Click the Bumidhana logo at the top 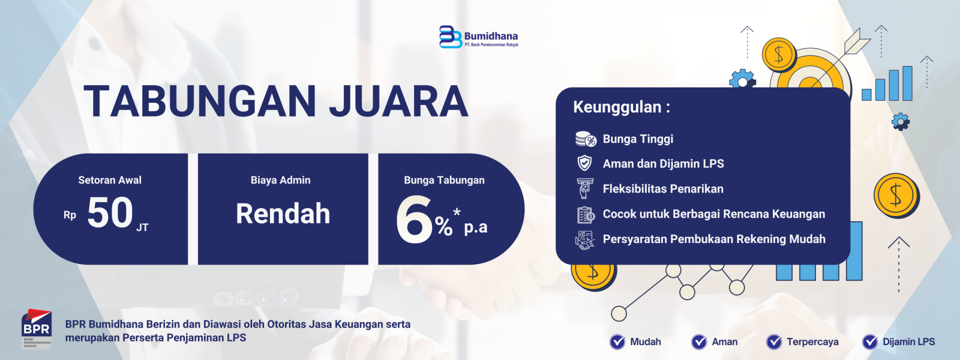(478, 37)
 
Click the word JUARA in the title (398, 101)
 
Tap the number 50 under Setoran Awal (110, 212)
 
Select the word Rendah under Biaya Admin (283, 213)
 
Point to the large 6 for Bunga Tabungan (413, 219)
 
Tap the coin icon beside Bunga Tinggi (585, 139)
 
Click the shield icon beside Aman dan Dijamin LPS (584, 163)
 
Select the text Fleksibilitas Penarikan (663, 189)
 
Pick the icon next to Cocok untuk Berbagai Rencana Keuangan (585, 214)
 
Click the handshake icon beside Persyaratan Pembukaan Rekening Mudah (585, 240)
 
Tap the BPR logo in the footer (36, 328)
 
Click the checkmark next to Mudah (617, 342)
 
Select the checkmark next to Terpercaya (774, 342)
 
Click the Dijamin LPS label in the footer (908, 342)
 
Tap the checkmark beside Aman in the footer (699, 342)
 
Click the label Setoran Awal (110, 180)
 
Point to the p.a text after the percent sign (475, 227)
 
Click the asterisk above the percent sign (456, 212)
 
